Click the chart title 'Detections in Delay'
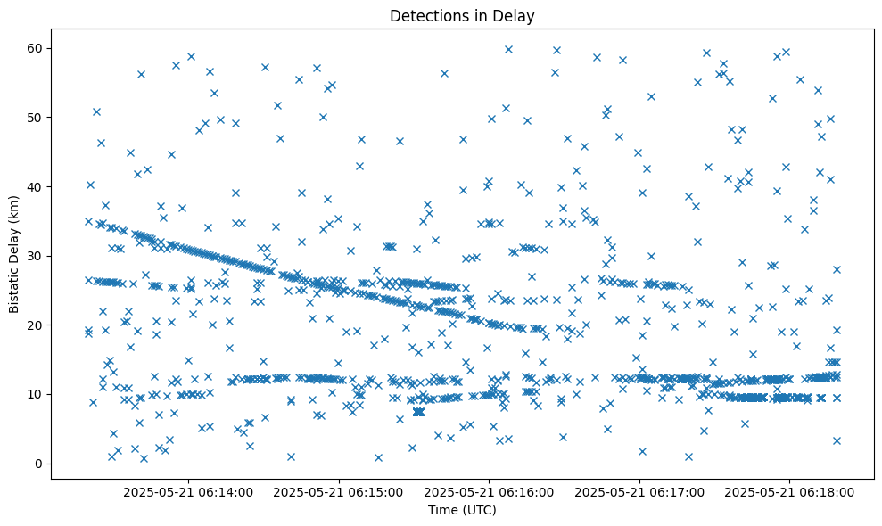462,15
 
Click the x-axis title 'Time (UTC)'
462,510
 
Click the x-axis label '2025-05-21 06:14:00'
189,491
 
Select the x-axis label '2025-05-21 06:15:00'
340,491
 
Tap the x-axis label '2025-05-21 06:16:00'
490,491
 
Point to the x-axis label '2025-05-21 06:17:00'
640,491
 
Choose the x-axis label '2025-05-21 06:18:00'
790,491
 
